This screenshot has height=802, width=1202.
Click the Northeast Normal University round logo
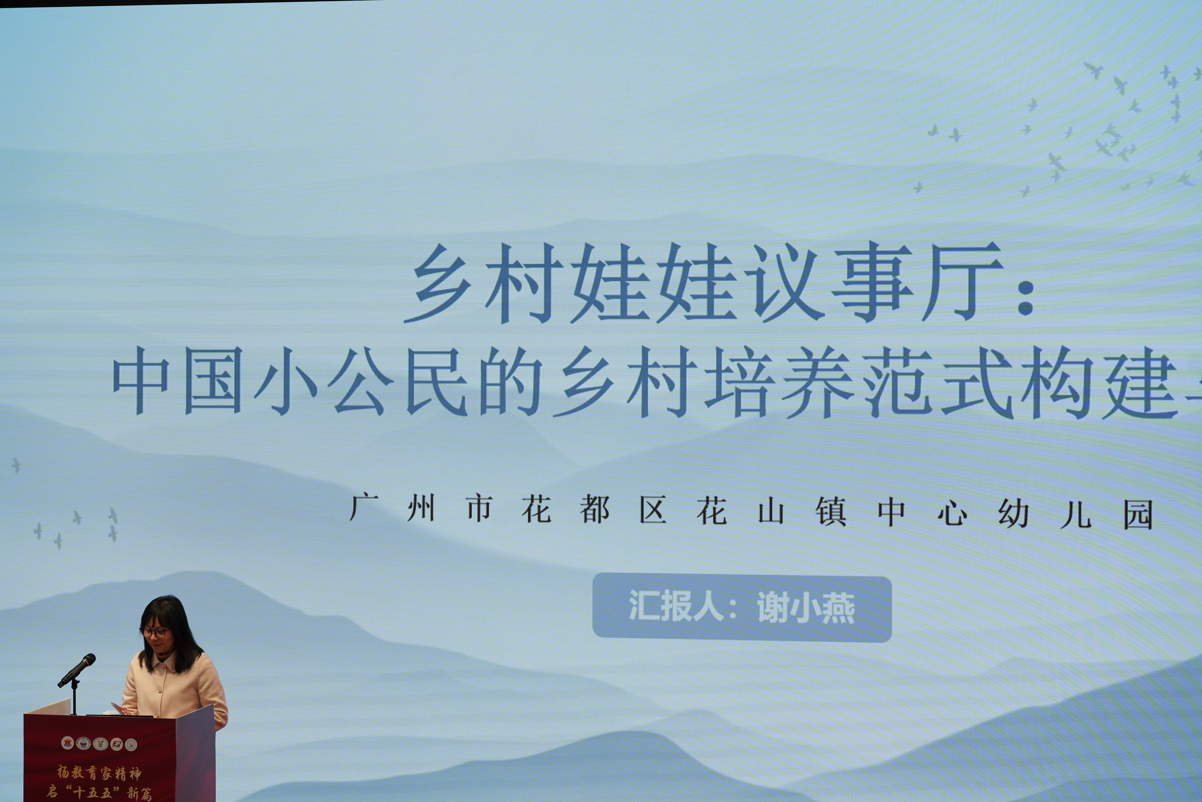[83, 743]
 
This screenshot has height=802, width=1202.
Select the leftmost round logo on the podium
[68, 743]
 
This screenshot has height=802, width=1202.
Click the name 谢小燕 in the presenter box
[806, 608]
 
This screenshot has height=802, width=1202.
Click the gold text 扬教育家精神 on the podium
[99, 773]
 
